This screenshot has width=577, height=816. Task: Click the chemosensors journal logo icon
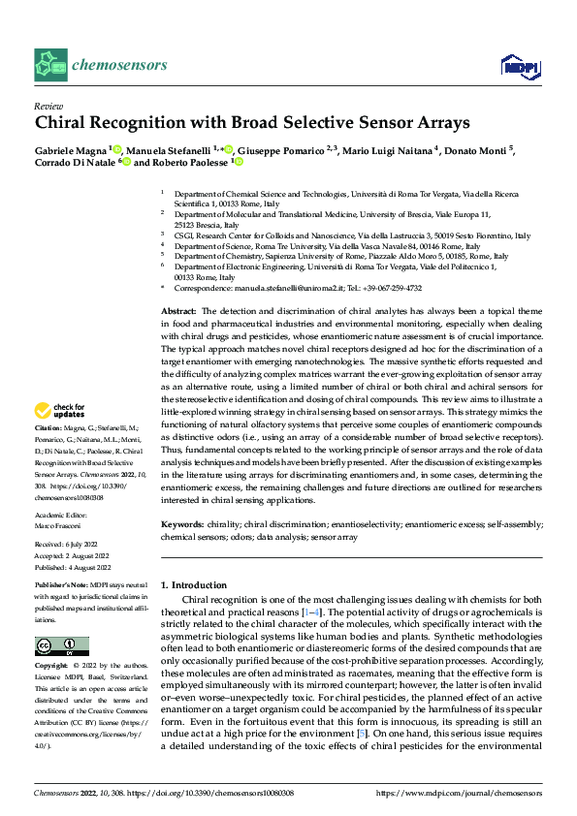[49, 65]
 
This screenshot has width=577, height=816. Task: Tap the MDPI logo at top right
[519, 65]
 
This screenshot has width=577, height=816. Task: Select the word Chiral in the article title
[63, 123]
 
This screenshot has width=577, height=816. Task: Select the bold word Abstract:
[180, 308]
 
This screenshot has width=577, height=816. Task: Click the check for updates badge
[62, 437]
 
